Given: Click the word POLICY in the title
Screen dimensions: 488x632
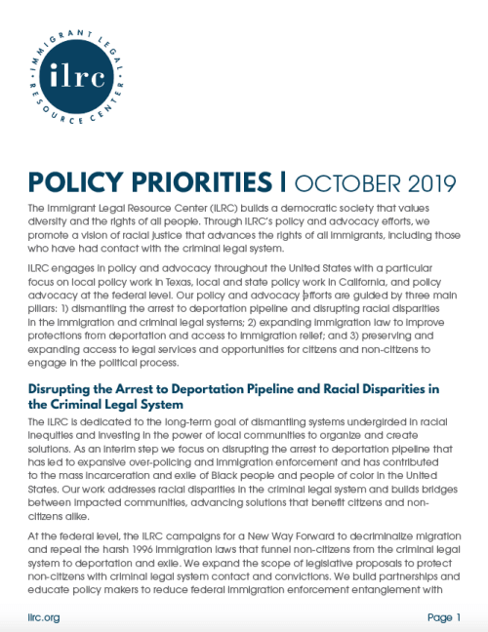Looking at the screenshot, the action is [x=71, y=184].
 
